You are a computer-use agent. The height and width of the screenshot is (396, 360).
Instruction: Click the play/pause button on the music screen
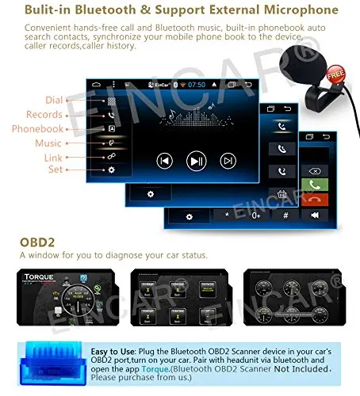point(196,161)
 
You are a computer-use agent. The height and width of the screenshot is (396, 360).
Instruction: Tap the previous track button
point(164,161)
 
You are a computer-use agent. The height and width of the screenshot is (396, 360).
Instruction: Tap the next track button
point(228,161)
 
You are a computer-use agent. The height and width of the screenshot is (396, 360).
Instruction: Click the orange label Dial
point(54,100)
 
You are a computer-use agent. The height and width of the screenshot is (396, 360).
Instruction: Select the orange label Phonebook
point(37,129)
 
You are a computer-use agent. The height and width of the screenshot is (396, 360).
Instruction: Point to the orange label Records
point(44,115)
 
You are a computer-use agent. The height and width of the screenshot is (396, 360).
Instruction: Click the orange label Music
point(48,143)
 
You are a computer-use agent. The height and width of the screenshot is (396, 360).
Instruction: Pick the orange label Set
point(55,169)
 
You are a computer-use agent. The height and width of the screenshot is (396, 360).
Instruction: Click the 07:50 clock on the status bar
point(197,85)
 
